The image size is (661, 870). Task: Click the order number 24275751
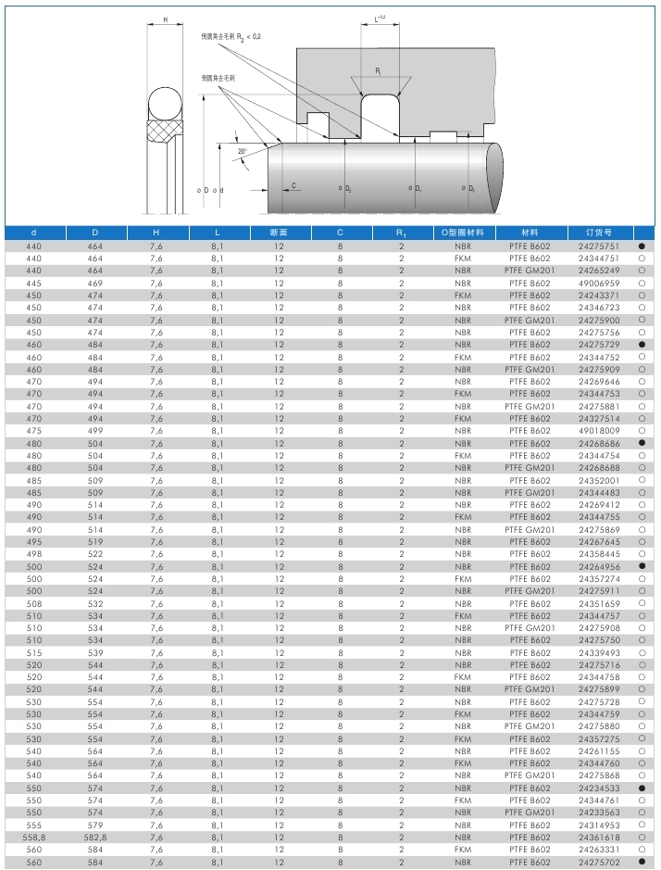(598, 246)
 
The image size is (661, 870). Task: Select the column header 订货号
(598, 232)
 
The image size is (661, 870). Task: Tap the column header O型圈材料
(463, 232)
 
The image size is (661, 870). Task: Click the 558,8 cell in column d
(33, 837)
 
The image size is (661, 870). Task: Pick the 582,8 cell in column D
(95, 837)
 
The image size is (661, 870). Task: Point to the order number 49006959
(598, 283)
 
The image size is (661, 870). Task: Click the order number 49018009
(598, 431)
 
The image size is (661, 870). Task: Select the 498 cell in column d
(33, 554)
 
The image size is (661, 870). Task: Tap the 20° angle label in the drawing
(242, 151)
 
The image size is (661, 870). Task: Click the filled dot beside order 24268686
(641, 443)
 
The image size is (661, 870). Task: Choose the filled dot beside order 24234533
(641, 788)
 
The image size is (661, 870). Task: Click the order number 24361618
(598, 837)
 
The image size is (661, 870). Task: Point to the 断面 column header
(279, 232)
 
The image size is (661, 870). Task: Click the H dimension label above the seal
(165, 19)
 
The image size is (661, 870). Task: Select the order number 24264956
(598, 566)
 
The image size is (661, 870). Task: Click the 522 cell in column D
(95, 554)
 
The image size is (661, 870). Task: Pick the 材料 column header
(530, 232)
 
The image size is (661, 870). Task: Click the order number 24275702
(598, 862)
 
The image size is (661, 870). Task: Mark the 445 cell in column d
(33, 283)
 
